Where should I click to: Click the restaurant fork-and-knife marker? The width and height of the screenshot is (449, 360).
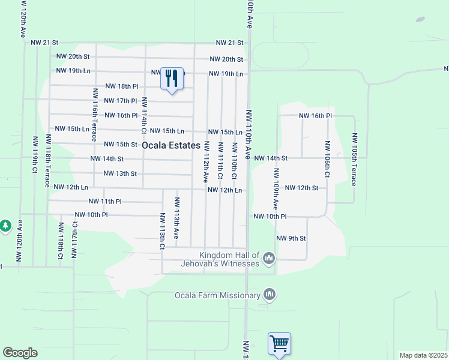tap(172, 79)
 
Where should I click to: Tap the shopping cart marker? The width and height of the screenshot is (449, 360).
tap(279, 344)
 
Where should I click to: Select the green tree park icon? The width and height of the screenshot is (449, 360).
tap(5, 226)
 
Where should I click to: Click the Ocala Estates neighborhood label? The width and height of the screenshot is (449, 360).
tap(171, 146)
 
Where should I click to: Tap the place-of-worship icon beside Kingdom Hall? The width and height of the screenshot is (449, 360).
tap(269, 259)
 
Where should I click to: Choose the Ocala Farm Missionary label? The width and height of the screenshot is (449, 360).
tap(217, 295)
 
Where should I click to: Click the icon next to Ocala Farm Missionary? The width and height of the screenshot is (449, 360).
tap(270, 295)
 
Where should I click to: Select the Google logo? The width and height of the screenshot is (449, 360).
tap(20, 352)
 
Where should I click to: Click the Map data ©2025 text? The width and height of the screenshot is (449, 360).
tap(423, 355)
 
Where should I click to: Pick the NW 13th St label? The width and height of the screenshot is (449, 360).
tap(120, 174)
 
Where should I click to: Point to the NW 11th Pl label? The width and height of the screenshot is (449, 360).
tap(105, 202)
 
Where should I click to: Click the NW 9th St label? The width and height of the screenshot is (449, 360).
tap(291, 238)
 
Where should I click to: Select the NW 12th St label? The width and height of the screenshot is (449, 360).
tap(301, 188)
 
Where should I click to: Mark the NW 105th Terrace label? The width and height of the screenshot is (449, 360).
tap(355, 160)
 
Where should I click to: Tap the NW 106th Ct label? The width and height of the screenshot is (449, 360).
tap(327, 160)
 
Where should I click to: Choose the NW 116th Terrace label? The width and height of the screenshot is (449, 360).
tap(95, 114)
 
